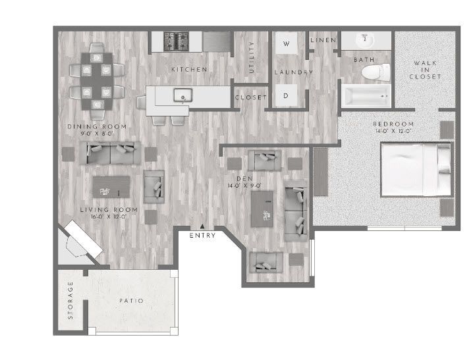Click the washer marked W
pyautogui.click(x=287, y=44)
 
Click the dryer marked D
pyautogui.click(x=287, y=95)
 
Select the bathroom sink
pyautogui.click(x=364, y=41)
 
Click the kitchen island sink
pyautogui.click(x=180, y=97)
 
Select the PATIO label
pyautogui.click(x=131, y=301)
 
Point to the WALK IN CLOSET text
pyautogui.click(x=425, y=70)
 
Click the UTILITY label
pyautogui.click(x=251, y=58)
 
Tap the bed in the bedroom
pyautogui.click(x=417, y=170)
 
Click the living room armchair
pyautogui.click(x=154, y=187)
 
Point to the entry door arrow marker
pyautogui.click(x=202, y=226)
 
